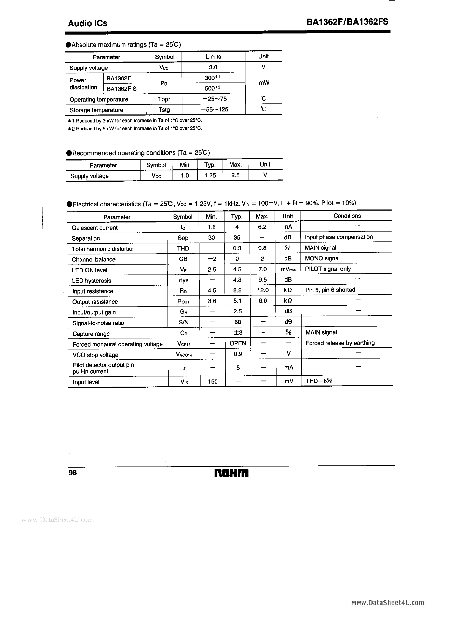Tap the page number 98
tap(73, 473)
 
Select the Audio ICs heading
tap(88, 23)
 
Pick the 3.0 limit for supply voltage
tap(213, 67)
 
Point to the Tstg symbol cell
tap(164, 110)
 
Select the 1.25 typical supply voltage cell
tap(210, 175)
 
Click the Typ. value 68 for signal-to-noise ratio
tap(237, 322)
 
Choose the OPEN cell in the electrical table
tap(238, 343)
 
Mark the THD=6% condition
tap(319, 381)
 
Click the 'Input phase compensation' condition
tap(339, 237)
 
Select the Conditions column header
tap(347, 216)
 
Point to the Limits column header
tap(213, 57)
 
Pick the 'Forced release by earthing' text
tap(340, 343)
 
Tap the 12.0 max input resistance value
tap(263, 290)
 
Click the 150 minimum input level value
tap(213, 382)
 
